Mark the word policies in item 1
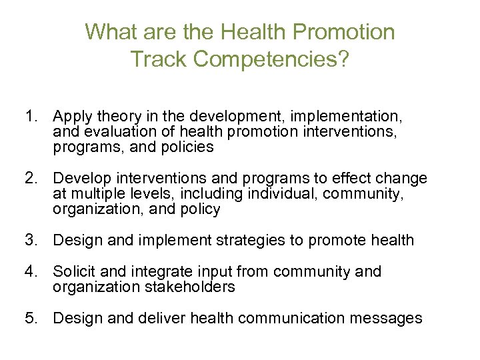188,148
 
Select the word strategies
249,240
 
